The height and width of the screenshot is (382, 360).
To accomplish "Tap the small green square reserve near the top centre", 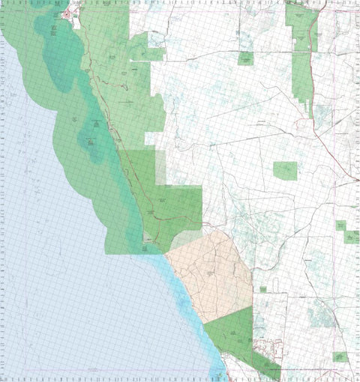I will click(x=245, y=58).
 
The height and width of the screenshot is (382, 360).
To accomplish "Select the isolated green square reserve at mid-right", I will click(x=285, y=171).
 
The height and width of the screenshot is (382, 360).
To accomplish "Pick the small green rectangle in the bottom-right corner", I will click(x=340, y=357).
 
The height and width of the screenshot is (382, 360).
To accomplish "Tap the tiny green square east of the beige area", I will click(x=262, y=288).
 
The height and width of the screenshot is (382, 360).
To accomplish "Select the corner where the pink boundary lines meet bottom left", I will click(x=8, y=373).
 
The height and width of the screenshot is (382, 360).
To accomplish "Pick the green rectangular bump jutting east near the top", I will click(x=156, y=54).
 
